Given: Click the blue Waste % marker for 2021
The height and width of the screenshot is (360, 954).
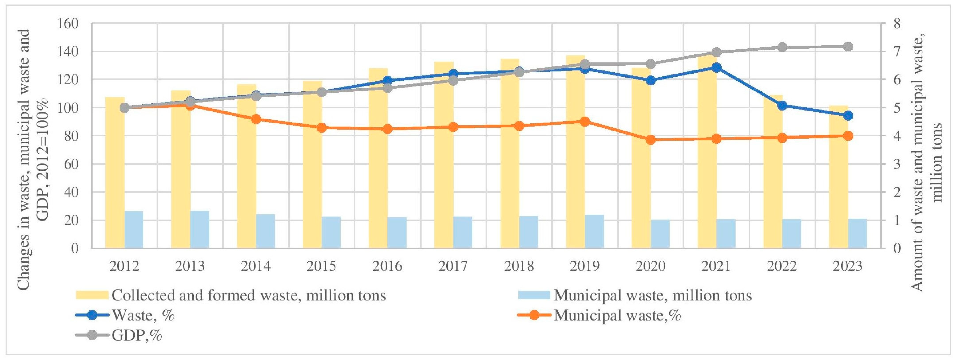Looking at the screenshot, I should tap(716, 68).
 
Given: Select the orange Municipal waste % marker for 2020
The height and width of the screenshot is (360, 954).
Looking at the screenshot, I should tap(651, 140).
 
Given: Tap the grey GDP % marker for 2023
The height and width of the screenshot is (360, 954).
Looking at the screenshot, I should tap(848, 47).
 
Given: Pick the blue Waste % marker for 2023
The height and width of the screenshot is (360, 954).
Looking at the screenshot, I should tap(848, 115).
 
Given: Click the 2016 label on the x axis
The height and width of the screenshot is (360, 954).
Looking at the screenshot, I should tap(387, 266).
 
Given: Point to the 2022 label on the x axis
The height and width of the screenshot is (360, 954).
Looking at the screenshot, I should tap(782, 266).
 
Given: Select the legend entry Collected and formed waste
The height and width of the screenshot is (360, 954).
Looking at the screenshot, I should tap(248, 295).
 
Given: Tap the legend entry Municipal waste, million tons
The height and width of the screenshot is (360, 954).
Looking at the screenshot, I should tap(652, 295).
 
